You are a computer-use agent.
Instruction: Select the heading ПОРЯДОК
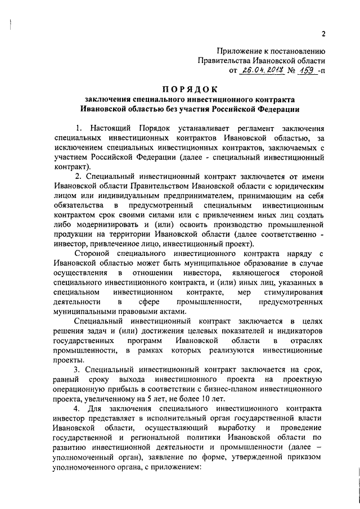[191, 89]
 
